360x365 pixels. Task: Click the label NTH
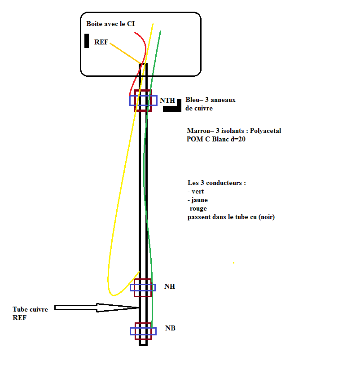pyautogui.click(x=167, y=101)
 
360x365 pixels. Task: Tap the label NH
pyautogui.click(x=170, y=286)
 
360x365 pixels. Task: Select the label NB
pyautogui.click(x=170, y=328)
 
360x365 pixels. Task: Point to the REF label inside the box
pyautogui.click(x=101, y=42)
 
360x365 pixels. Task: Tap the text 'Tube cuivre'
pyautogui.click(x=31, y=310)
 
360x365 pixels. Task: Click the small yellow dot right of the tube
pyautogui.click(x=233, y=262)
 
